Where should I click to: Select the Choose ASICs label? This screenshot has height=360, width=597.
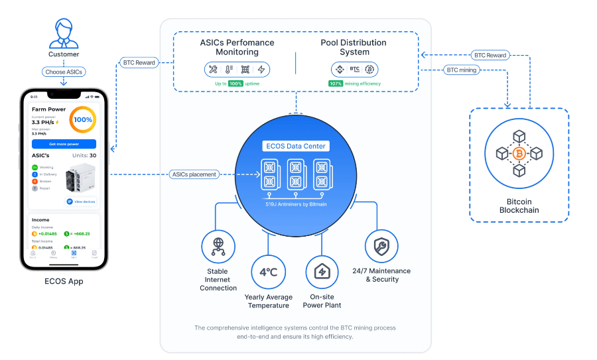pos(64,72)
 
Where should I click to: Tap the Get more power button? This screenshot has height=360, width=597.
pos(64,144)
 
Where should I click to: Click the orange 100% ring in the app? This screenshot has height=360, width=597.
pos(83,119)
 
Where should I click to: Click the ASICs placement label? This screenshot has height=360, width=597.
pos(193,174)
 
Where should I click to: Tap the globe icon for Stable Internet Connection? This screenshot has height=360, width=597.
pos(218,246)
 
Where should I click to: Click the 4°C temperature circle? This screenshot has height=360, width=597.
pos(268,272)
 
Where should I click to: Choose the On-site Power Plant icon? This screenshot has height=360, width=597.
pos(322,272)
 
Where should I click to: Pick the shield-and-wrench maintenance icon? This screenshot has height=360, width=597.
pos(381,246)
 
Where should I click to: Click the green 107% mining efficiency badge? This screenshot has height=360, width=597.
pos(336,84)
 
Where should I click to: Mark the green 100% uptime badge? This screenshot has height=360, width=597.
pos(235,84)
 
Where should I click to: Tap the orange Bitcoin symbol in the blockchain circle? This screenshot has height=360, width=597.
pos(519,154)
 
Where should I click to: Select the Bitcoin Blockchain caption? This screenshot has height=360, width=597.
pos(519,206)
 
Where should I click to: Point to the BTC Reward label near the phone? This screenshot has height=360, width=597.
pos(139,63)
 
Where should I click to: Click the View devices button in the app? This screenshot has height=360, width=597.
pos(82,201)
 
